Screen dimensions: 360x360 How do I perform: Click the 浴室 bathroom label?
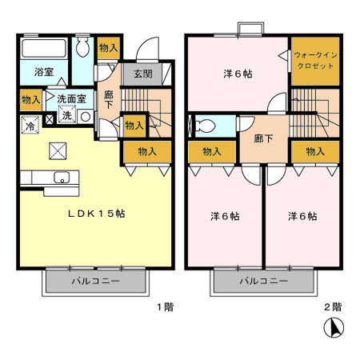click(x=43, y=71)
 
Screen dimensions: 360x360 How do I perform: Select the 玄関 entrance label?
click(x=143, y=74)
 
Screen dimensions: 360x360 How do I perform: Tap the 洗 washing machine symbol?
click(x=67, y=115)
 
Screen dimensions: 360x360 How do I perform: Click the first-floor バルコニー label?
click(x=95, y=282)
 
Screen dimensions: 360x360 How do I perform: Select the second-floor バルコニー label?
click(x=263, y=282)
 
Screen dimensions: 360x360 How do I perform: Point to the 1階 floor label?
click(x=165, y=306)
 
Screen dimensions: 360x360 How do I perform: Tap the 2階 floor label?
click(x=332, y=306)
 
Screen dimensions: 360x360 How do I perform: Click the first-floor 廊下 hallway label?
click(x=109, y=99)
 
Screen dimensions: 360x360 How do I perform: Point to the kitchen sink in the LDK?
click(x=62, y=178)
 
